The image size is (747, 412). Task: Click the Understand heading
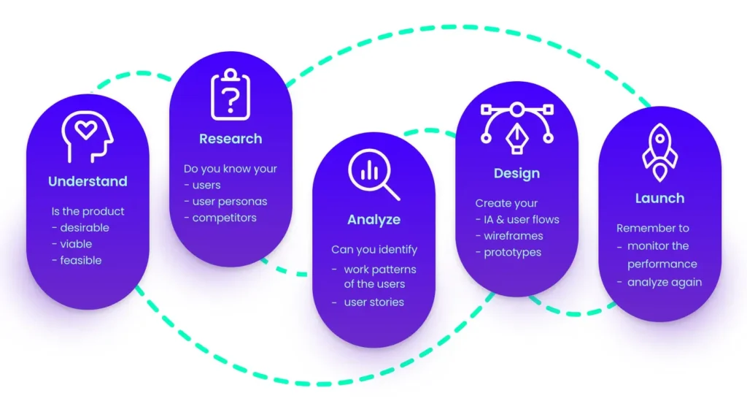tap(88, 181)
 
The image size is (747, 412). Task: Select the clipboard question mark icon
tap(231, 94)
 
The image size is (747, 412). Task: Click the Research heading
tap(231, 139)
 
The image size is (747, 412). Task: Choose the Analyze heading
tap(374, 220)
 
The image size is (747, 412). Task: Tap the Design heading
tap(517, 173)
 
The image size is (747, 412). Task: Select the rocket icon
tap(659, 153)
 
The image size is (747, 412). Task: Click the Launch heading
tap(659, 199)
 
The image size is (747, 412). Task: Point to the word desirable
tap(85, 228)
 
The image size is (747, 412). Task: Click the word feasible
tap(81, 260)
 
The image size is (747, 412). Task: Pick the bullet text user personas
tap(230, 202)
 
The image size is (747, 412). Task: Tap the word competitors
tap(225, 218)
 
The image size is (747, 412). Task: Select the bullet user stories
tap(374, 302)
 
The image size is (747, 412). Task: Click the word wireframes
tap(514, 236)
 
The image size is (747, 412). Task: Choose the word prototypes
tap(513, 253)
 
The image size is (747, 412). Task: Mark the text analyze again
tap(665, 283)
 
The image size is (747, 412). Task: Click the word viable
tap(76, 244)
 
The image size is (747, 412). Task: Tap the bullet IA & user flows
tap(522, 220)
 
